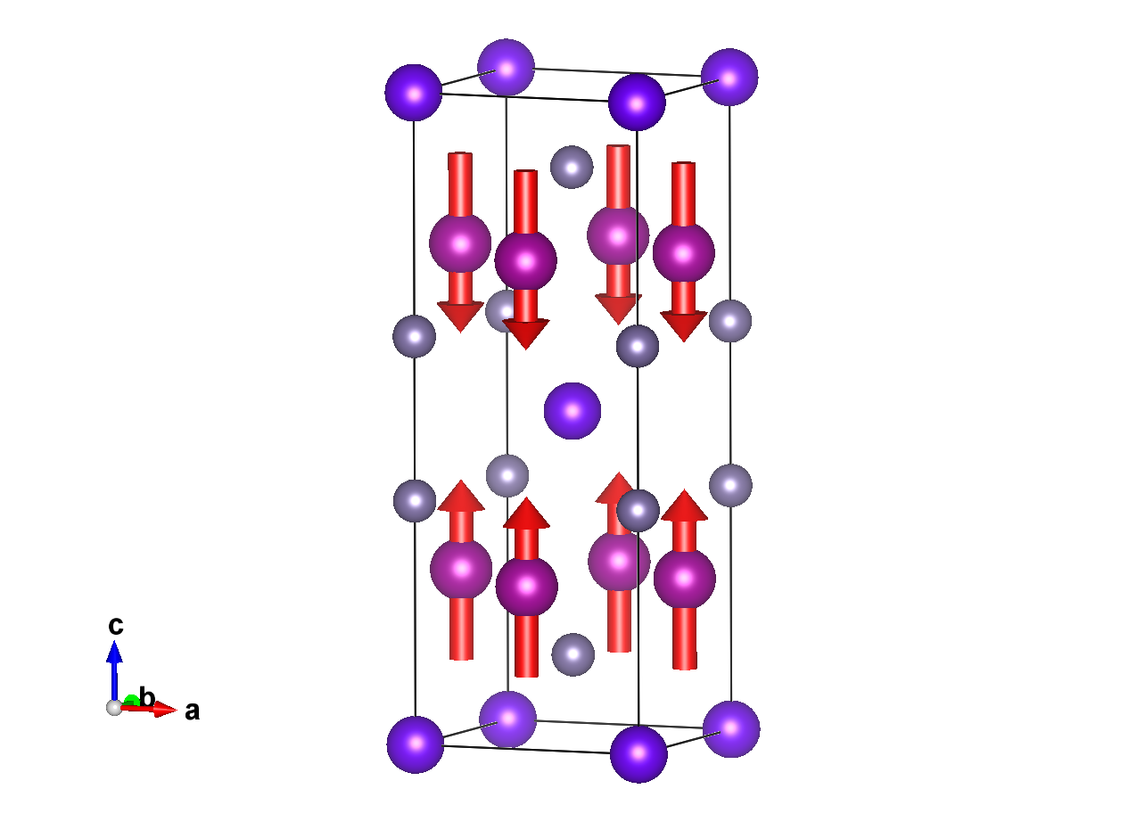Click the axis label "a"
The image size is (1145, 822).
[192, 711]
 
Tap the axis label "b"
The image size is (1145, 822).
[148, 697]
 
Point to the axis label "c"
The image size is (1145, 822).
[115, 626]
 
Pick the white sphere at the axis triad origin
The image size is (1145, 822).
[114, 707]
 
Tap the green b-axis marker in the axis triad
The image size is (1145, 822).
[131, 701]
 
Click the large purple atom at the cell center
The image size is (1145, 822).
[572, 411]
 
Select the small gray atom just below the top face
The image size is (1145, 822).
[572, 167]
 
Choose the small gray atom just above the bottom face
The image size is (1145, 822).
[573, 654]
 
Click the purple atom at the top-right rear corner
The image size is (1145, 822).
[729, 78]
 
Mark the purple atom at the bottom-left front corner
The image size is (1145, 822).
[416, 744]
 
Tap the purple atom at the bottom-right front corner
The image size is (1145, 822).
[638, 753]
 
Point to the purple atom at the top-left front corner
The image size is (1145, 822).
[413, 93]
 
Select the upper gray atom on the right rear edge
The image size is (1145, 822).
[730, 321]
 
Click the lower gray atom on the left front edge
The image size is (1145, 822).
[415, 500]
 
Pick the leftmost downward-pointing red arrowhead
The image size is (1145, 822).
[460, 316]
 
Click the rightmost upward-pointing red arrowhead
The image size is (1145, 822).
[684, 506]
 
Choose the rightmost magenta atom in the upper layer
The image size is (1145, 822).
[684, 253]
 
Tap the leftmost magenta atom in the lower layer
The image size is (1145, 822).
[461, 569]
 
